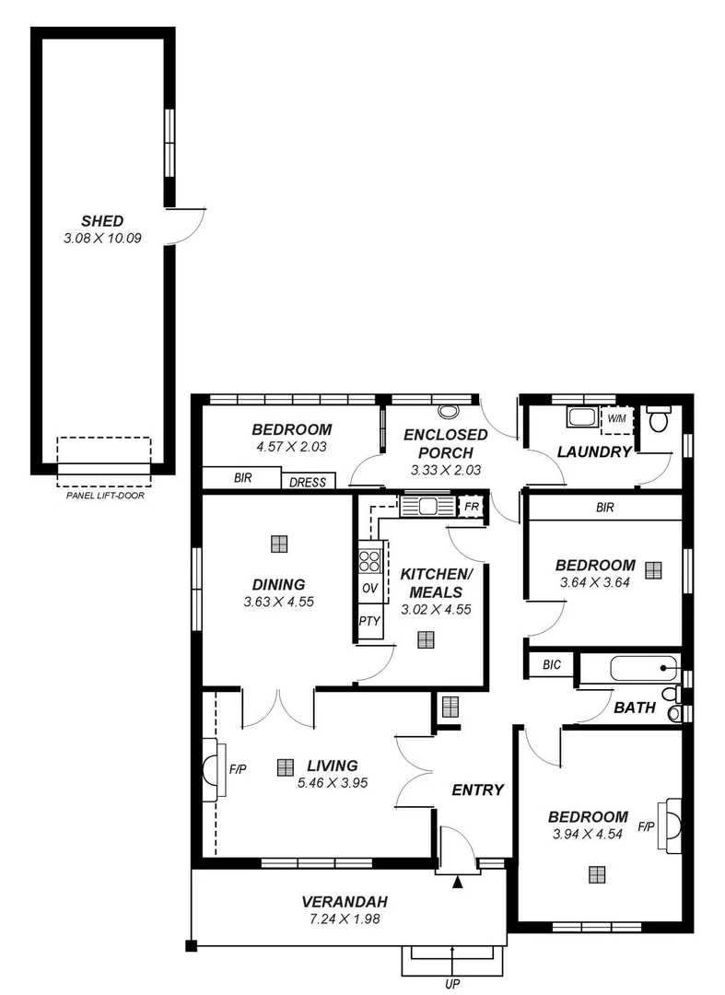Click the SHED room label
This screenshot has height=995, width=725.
coord(101,221)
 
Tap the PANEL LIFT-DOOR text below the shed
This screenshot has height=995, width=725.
coord(105,495)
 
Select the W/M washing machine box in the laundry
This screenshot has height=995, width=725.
coord(615,418)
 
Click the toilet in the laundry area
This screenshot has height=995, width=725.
coord(658,420)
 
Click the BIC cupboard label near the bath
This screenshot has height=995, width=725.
coord(552,663)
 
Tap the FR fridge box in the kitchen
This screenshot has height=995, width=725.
coord(472,507)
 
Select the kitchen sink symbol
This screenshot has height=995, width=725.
coord(427,506)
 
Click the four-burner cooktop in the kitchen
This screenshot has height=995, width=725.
coord(369,560)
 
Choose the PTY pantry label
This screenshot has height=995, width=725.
coord(369,621)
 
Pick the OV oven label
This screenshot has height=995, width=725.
coord(369,589)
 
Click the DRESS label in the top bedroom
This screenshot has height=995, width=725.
coord(308,481)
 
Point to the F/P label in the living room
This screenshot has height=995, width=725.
coord(238,768)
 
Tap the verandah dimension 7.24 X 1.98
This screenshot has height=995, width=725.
coord(345,919)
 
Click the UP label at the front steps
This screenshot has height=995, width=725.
coord(452,984)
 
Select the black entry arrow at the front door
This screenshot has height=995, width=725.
coord(458,883)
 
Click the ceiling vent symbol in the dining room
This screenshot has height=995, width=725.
coord(278,544)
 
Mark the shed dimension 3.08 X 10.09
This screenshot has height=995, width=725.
coord(101,238)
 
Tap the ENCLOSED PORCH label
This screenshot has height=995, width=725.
coord(446,443)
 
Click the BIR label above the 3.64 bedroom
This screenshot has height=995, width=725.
coord(604,507)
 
